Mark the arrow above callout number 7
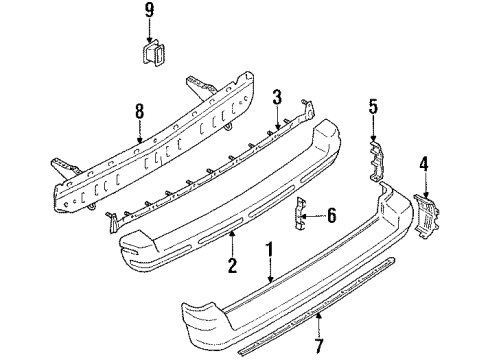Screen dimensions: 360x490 pos(319,324)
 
